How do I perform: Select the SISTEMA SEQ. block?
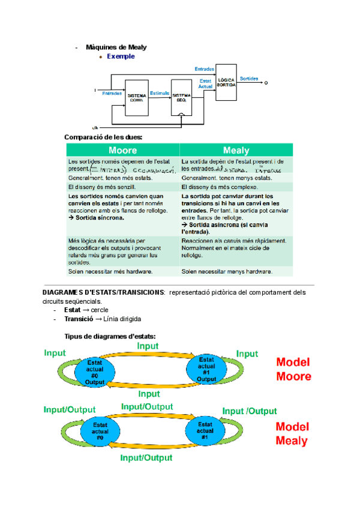[181, 97]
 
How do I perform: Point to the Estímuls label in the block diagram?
[159, 93]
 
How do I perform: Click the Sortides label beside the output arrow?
[249, 79]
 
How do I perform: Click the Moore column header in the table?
[122, 150]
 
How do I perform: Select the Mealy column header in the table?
[236, 150]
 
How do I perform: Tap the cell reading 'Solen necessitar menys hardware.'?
[227, 271]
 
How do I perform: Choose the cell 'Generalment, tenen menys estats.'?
[227, 178]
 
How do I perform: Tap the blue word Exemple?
[121, 56]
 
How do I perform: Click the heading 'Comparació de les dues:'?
[103, 137]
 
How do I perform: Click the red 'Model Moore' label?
[293, 369]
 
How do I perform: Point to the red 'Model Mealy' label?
[292, 433]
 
